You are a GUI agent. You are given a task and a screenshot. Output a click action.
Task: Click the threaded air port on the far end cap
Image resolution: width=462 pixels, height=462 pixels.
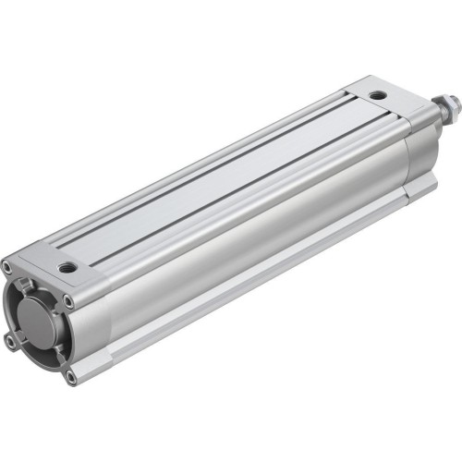click(x=375, y=94)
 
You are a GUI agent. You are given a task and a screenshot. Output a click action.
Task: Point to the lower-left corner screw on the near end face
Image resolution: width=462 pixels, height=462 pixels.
click(x=10, y=341)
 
